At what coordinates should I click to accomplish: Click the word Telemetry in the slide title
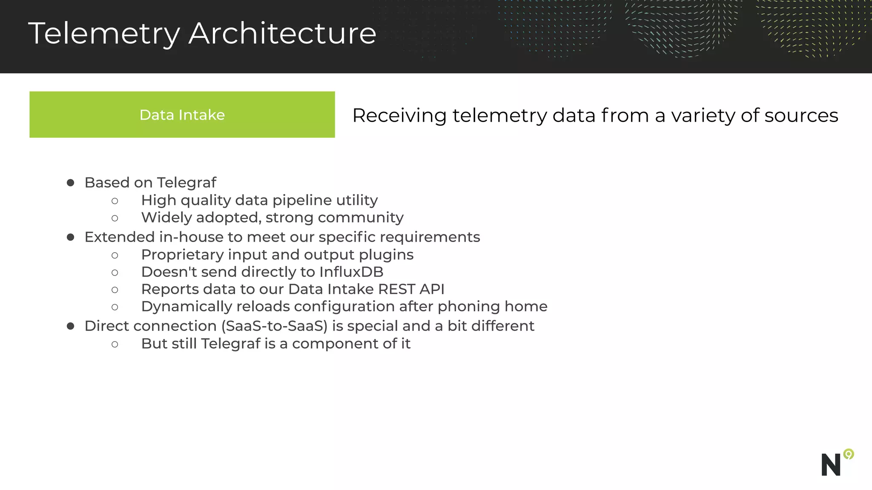point(104,34)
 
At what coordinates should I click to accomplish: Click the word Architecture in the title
point(282,33)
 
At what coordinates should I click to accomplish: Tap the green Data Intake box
point(182,114)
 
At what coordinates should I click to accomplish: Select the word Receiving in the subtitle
point(399,116)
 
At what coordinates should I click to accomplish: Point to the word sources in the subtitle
point(801,116)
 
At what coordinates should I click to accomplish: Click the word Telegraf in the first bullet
point(186,183)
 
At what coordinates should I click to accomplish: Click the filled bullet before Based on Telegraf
point(71,183)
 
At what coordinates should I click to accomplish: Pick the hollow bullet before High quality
point(115,201)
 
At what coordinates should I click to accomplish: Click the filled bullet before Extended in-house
point(71,237)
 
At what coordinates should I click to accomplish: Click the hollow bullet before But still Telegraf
point(115,344)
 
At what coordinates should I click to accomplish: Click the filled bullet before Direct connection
point(71,326)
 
